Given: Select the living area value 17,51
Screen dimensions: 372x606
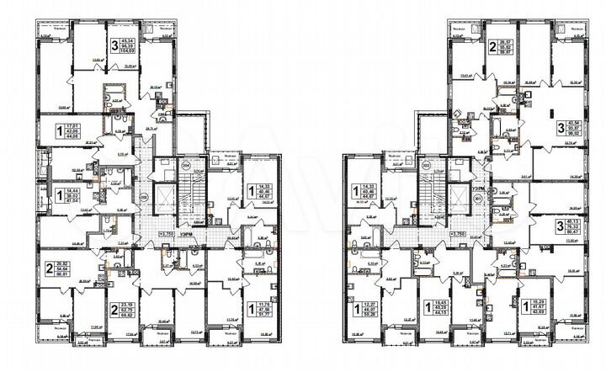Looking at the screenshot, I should (x=71, y=125).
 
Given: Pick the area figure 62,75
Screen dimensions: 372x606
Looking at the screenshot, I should (x=129, y=314).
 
